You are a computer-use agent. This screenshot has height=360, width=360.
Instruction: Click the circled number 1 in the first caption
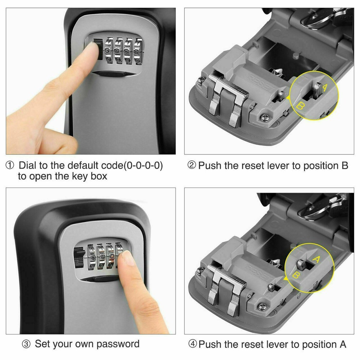tap(9, 166)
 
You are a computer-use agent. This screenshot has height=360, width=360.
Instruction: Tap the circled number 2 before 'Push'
tap(192, 166)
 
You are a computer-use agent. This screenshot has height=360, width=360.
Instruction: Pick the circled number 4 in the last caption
tap(193, 344)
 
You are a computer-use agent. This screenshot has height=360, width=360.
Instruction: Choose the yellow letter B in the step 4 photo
tap(296, 276)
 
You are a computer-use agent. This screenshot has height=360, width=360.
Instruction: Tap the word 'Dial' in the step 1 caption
tap(27, 166)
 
